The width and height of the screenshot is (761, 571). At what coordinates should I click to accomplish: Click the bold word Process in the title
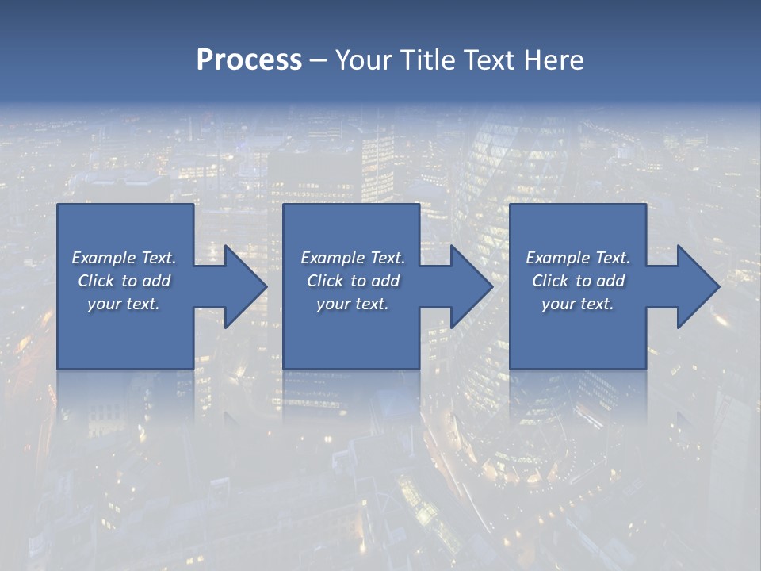coord(249,60)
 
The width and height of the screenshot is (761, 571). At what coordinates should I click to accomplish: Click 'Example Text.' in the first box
coord(124,258)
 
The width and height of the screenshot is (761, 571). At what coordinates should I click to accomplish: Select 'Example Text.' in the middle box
coord(353,258)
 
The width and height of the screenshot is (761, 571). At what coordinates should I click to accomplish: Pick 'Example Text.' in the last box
coord(578,258)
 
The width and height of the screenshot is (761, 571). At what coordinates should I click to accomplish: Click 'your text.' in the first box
coord(124,304)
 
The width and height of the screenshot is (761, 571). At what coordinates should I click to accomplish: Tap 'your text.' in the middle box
coord(353,304)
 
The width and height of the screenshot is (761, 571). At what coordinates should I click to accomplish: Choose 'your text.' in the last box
coord(578,304)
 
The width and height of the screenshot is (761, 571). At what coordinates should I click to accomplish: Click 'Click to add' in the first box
coord(124,281)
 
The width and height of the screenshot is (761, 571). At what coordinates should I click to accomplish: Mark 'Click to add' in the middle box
coord(353,281)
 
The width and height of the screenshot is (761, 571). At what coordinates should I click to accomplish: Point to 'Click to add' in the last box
coord(578,281)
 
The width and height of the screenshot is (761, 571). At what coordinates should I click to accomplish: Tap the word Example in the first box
coord(104,258)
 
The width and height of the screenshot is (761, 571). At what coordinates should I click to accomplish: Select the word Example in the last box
coord(558,258)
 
